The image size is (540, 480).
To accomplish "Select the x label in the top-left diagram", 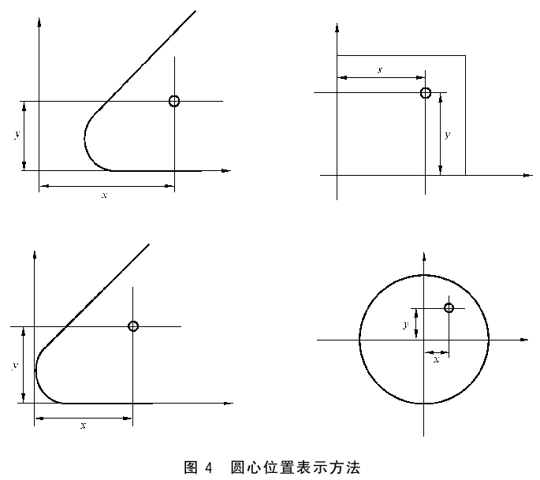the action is [x=105, y=195].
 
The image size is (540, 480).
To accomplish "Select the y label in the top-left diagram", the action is [x=17, y=134].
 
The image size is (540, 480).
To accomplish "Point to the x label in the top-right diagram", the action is [x=380, y=70].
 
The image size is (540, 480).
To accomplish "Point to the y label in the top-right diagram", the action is [x=447, y=135].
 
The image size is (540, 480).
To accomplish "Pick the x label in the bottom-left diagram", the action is [x=83, y=426].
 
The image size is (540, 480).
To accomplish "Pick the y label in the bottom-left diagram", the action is [x=15, y=366].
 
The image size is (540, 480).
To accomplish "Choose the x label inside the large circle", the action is [x=437, y=360].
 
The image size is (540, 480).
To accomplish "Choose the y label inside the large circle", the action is [x=406, y=325].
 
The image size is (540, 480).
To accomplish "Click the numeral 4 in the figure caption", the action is [x=208, y=467].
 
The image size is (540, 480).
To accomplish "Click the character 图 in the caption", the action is [x=191, y=467].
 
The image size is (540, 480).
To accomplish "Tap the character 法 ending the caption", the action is [x=353, y=467].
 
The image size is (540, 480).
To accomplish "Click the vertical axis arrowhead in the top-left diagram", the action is [x=39, y=22].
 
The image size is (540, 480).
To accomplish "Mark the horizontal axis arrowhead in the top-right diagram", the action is [x=528, y=175].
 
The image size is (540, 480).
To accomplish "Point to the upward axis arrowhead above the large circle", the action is [x=424, y=257].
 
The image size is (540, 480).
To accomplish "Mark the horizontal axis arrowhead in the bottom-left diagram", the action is [x=229, y=404].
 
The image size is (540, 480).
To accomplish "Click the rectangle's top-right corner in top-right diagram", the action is [x=466, y=55].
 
